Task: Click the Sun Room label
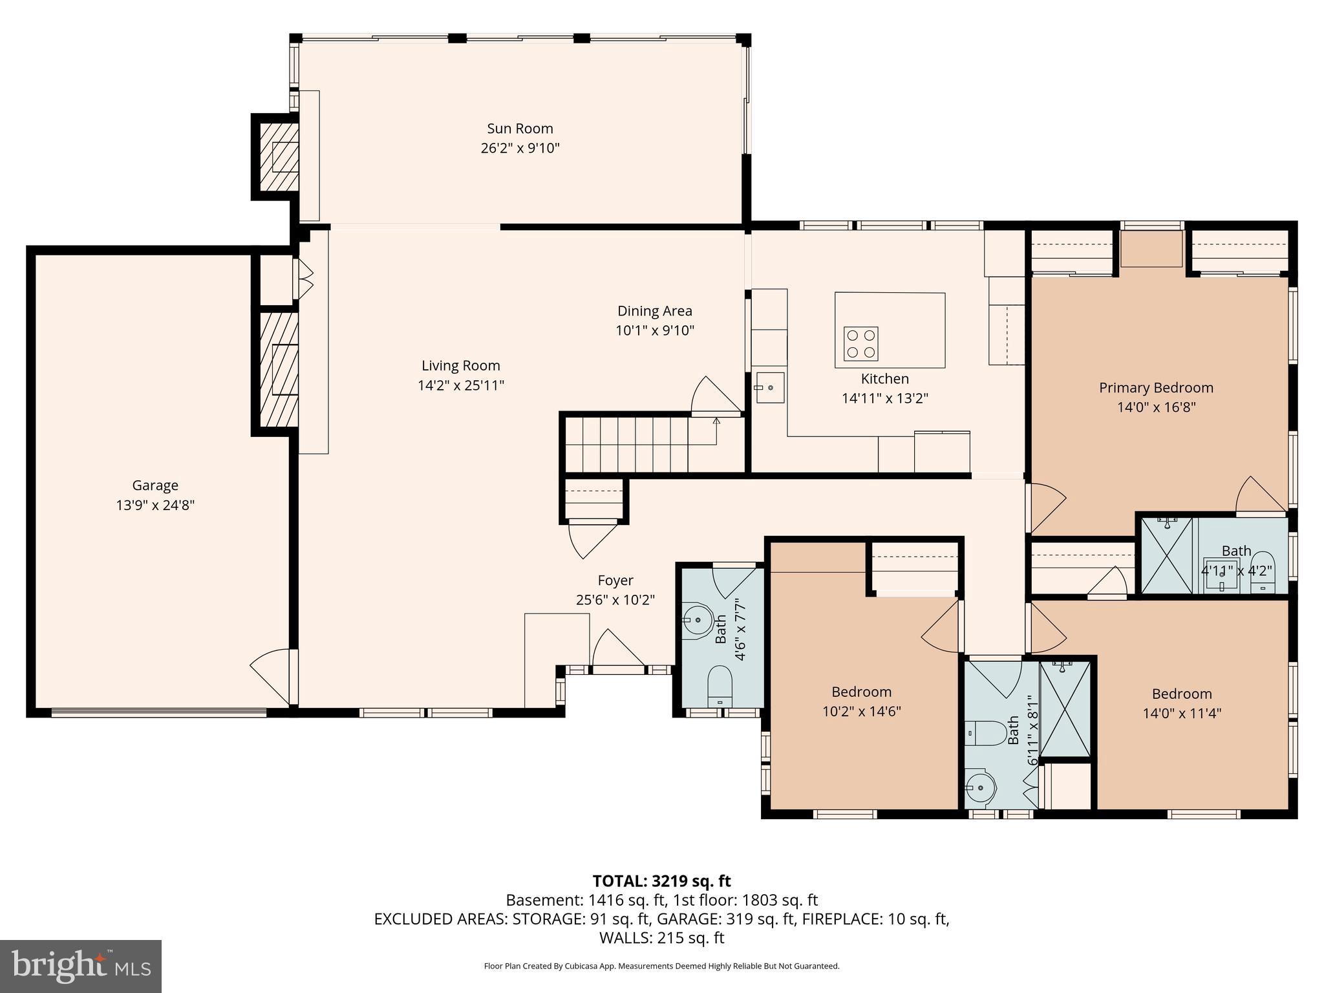coord(520,129)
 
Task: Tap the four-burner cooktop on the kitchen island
coord(860,343)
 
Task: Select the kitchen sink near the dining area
coord(769,387)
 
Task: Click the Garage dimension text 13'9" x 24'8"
coord(155,505)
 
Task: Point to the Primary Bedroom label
coord(1156,388)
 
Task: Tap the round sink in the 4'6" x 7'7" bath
coord(696,621)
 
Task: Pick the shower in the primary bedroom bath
coord(1166,555)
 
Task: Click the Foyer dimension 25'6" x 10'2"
coord(615,600)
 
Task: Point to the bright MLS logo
coord(81,966)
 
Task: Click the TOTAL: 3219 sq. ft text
coord(661,881)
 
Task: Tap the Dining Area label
coord(654,311)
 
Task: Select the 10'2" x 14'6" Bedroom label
coord(861,692)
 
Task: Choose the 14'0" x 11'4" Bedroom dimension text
coord(1181,713)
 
